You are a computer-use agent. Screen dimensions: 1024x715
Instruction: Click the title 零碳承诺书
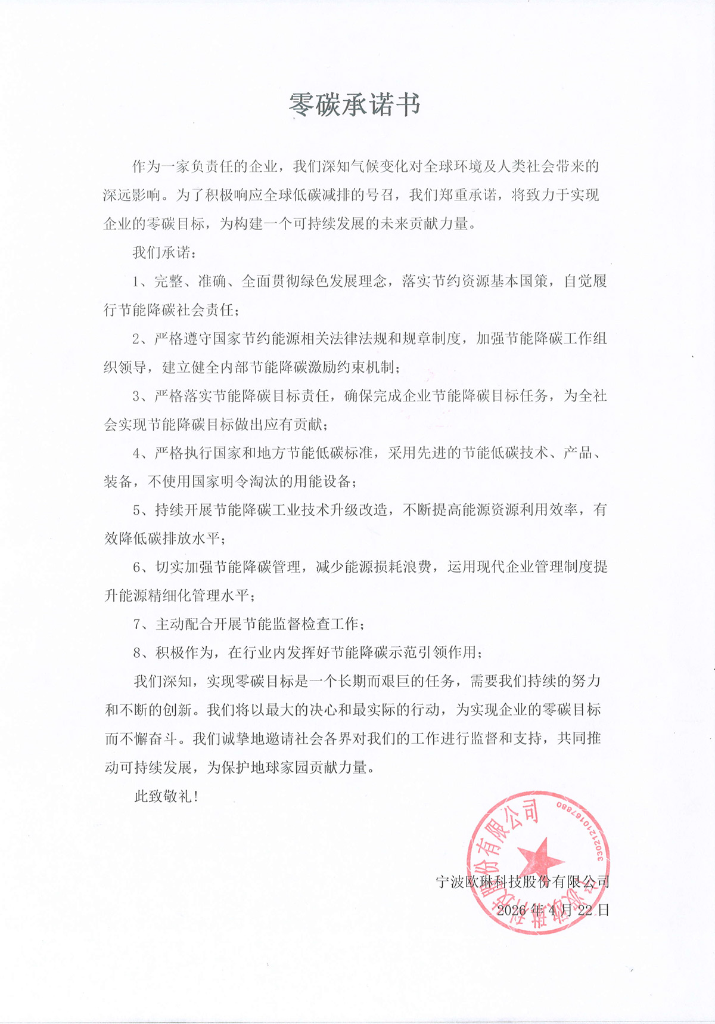point(355,105)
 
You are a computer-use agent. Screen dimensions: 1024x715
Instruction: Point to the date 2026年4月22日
point(553,910)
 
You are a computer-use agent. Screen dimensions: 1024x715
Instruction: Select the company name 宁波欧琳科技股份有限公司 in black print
point(523,881)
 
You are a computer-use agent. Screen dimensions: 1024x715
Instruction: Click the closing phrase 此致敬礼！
point(166,796)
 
